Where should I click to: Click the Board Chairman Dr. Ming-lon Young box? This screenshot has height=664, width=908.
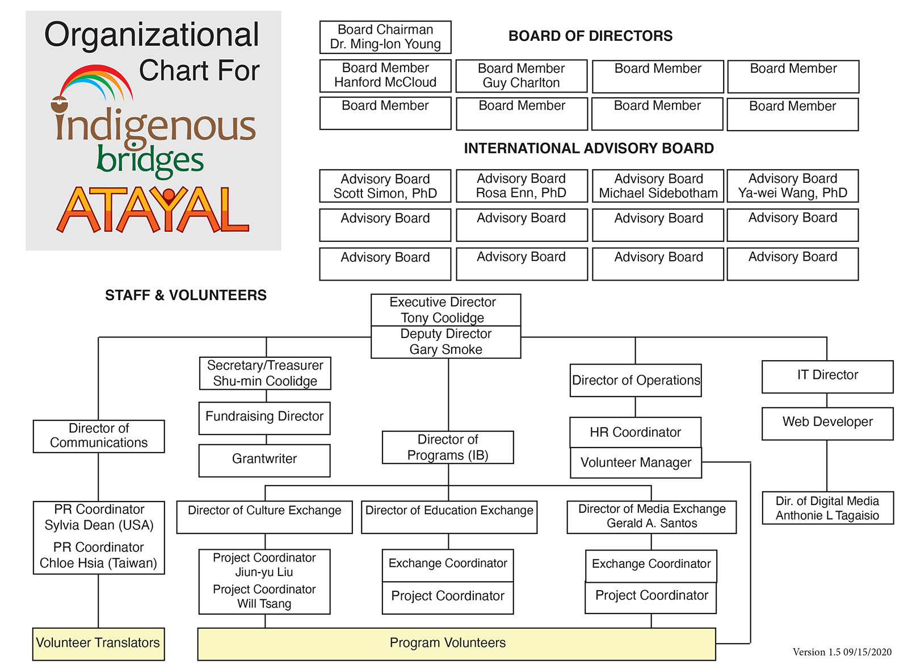click(385, 37)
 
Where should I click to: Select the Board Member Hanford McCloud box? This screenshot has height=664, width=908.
click(385, 76)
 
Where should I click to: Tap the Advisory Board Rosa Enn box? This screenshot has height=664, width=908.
click(521, 186)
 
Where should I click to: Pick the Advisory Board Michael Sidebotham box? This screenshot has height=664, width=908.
click(658, 186)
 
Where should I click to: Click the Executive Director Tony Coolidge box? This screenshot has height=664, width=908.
click(445, 310)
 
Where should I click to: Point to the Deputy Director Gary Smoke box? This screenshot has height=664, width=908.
click(445, 342)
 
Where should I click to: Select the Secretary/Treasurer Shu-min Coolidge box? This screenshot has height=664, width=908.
click(265, 373)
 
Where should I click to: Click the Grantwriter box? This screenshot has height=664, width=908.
click(264, 460)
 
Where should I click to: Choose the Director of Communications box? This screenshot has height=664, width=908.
click(99, 436)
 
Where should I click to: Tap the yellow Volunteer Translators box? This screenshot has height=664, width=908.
click(98, 644)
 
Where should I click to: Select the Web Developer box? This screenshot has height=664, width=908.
click(827, 423)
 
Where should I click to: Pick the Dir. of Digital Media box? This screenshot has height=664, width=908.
click(827, 508)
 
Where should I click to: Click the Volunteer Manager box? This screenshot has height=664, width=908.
click(636, 463)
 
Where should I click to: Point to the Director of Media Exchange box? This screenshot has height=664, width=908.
click(651, 516)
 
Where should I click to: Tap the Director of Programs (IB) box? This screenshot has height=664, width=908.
click(448, 448)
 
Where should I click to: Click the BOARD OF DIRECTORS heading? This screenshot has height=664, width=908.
click(590, 36)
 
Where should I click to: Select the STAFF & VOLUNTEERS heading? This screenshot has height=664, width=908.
click(186, 295)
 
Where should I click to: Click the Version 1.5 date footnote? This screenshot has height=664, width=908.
click(842, 652)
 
